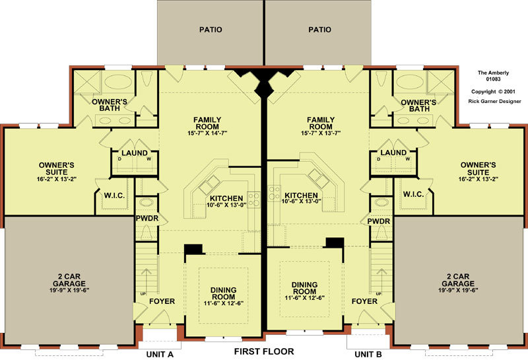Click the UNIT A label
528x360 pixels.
160,354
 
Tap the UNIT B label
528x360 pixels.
368,354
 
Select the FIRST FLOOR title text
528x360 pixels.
264,351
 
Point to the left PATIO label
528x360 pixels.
211,30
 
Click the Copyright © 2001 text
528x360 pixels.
493,92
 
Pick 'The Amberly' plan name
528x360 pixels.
493,73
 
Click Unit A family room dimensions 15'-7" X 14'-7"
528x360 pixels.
207,133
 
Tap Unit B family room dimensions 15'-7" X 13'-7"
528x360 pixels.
321,133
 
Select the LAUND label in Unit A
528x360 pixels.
135,153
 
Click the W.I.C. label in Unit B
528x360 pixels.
413,194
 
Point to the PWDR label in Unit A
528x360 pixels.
147,218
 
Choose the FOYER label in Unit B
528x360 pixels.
364,301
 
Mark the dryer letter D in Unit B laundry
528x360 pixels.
378,159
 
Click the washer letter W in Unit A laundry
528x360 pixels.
148,159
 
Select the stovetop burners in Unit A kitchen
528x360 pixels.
254,199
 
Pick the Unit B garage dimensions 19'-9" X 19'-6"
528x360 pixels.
458,290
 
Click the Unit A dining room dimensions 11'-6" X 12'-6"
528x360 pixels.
223,303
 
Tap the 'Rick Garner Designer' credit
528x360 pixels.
494,101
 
